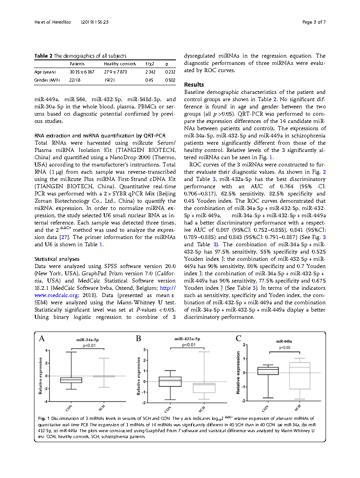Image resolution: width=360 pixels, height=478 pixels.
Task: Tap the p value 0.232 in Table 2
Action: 170,72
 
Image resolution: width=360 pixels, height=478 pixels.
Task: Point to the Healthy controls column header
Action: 120,64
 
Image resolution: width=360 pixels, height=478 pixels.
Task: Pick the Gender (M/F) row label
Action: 47,80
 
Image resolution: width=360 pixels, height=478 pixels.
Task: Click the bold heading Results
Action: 194,85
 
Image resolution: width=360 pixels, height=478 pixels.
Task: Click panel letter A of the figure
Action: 42,338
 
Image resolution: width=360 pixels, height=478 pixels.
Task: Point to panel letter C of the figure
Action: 238,338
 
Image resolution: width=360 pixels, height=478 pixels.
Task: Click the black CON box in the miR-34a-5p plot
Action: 71,380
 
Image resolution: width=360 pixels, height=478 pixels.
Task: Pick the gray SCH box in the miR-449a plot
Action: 299,375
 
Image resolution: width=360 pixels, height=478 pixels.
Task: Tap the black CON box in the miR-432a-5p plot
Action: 170,381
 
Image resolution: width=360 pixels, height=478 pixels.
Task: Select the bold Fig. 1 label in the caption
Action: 44,418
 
